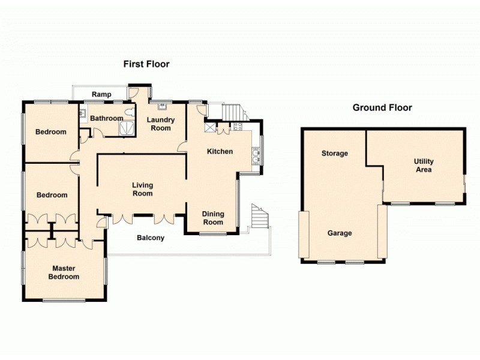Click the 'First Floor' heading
click(146, 64)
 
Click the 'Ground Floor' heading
click(382, 108)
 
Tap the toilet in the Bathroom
click(128, 112)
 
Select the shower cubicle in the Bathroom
click(127, 128)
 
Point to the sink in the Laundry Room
click(162, 107)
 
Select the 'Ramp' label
click(101, 94)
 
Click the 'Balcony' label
click(151, 238)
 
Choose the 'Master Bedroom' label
click(65, 272)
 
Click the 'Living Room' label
click(143, 190)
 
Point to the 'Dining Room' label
click(212, 218)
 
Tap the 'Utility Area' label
click(424, 166)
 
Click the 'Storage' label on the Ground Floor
click(334, 154)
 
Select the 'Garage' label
click(340, 233)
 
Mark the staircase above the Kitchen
click(233, 112)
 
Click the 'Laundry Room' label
click(161, 124)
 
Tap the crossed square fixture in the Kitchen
click(210, 127)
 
